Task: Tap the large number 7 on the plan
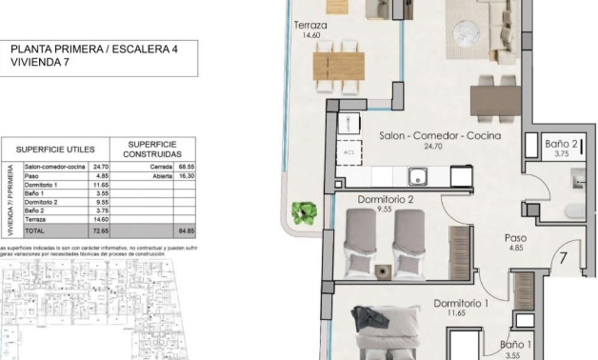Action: (x=564, y=257)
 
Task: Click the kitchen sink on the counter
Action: (x=416, y=174)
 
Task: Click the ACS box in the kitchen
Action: (x=350, y=151)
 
